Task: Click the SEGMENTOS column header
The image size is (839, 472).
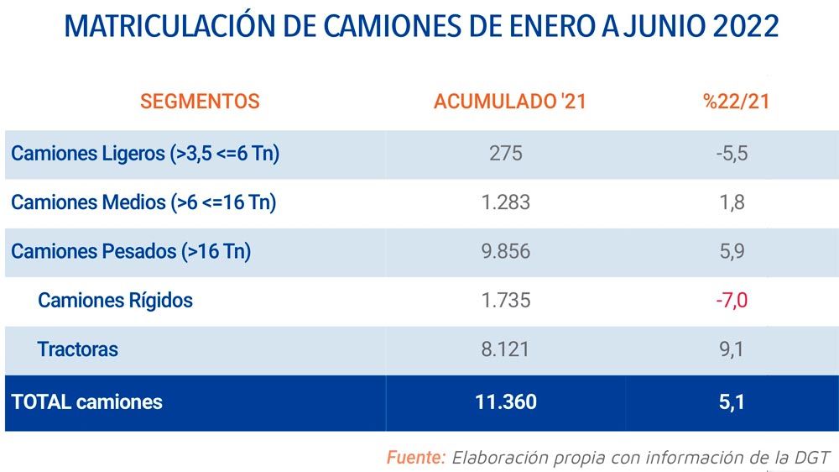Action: (x=200, y=102)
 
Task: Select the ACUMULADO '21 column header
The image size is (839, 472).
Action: (x=509, y=102)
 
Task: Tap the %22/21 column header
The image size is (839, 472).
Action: (x=737, y=102)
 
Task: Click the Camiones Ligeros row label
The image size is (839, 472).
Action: (x=145, y=154)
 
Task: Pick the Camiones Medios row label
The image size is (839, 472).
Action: (x=143, y=202)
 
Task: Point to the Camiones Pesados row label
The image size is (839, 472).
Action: (x=131, y=251)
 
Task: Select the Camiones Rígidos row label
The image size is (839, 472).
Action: (x=115, y=300)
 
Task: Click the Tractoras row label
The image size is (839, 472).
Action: (x=77, y=349)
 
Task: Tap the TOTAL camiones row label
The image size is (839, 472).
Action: (x=86, y=401)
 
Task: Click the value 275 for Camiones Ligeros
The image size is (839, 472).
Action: (x=505, y=154)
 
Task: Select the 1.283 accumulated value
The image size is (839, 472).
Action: (x=505, y=202)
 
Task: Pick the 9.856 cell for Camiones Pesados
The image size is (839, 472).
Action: (x=505, y=251)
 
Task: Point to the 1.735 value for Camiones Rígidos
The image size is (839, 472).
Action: (x=505, y=300)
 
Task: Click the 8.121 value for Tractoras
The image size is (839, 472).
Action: (x=505, y=349)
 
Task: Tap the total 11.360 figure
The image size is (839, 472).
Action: (x=505, y=401)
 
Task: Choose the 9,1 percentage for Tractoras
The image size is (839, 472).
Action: (x=732, y=349)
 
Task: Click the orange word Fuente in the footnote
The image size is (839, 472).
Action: (x=414, y=458)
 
